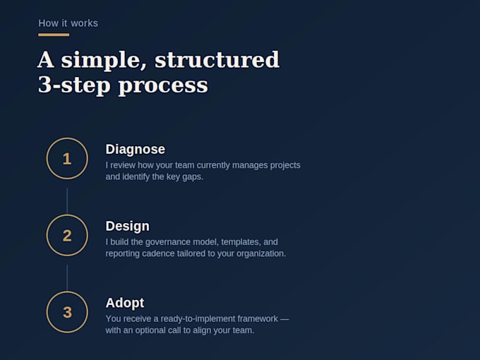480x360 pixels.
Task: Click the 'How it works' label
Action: (68, 23)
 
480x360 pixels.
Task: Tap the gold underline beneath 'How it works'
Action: (54, 35)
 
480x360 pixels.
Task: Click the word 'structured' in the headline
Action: (217, 59)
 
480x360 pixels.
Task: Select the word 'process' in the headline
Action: (163, 85)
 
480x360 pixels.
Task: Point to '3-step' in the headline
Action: (74, 85)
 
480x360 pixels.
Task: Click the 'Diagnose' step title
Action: (136, 150)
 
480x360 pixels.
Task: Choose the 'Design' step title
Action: (128, 227)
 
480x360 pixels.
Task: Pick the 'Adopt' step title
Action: (125, 304)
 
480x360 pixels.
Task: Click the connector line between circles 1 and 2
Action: (67, 201)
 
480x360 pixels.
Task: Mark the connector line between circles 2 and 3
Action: (67, 278)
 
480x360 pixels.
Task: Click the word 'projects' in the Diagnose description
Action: (285, 166)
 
